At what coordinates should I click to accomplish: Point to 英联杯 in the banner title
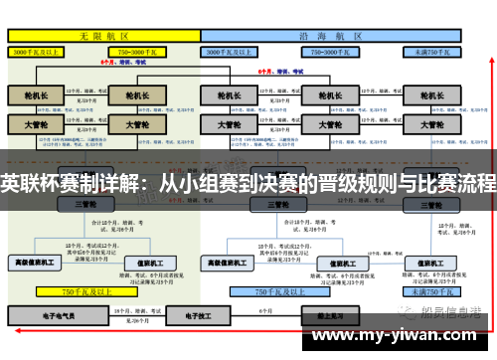40,183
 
